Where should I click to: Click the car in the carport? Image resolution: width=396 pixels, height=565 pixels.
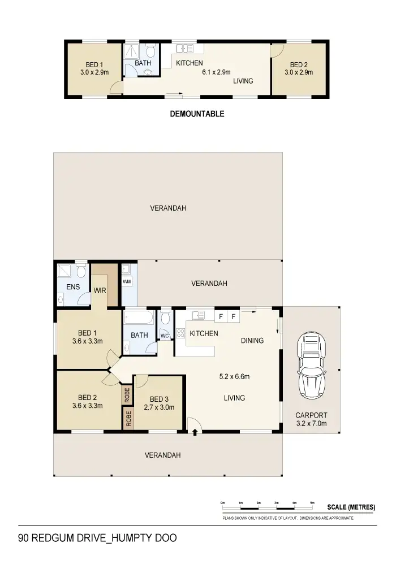click(312, 366)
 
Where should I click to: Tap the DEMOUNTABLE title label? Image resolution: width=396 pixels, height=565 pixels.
click(197, 114)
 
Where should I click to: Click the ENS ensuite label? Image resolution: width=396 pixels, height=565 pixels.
click(73, 287)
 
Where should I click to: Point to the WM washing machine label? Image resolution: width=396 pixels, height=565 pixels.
click(127, 281)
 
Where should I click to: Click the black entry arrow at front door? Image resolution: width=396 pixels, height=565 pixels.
click(195, 433)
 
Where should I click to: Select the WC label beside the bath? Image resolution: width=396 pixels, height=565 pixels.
click(165, 336)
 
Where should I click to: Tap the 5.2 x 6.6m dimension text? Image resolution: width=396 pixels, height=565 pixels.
click(234, 377)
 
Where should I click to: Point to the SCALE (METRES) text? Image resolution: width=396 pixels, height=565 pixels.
click(351, 507)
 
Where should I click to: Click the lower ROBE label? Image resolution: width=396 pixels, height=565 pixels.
click(128, 418)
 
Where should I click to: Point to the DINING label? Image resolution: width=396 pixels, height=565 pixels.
click(252, 341)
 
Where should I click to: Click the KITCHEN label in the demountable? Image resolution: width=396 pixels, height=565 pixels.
click(189, 63)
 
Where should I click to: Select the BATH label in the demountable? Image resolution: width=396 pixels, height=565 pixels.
click(143, 63)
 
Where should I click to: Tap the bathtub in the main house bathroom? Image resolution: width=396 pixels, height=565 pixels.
click(139, 318)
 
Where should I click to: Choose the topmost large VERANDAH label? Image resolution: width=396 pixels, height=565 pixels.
click(168, 208)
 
